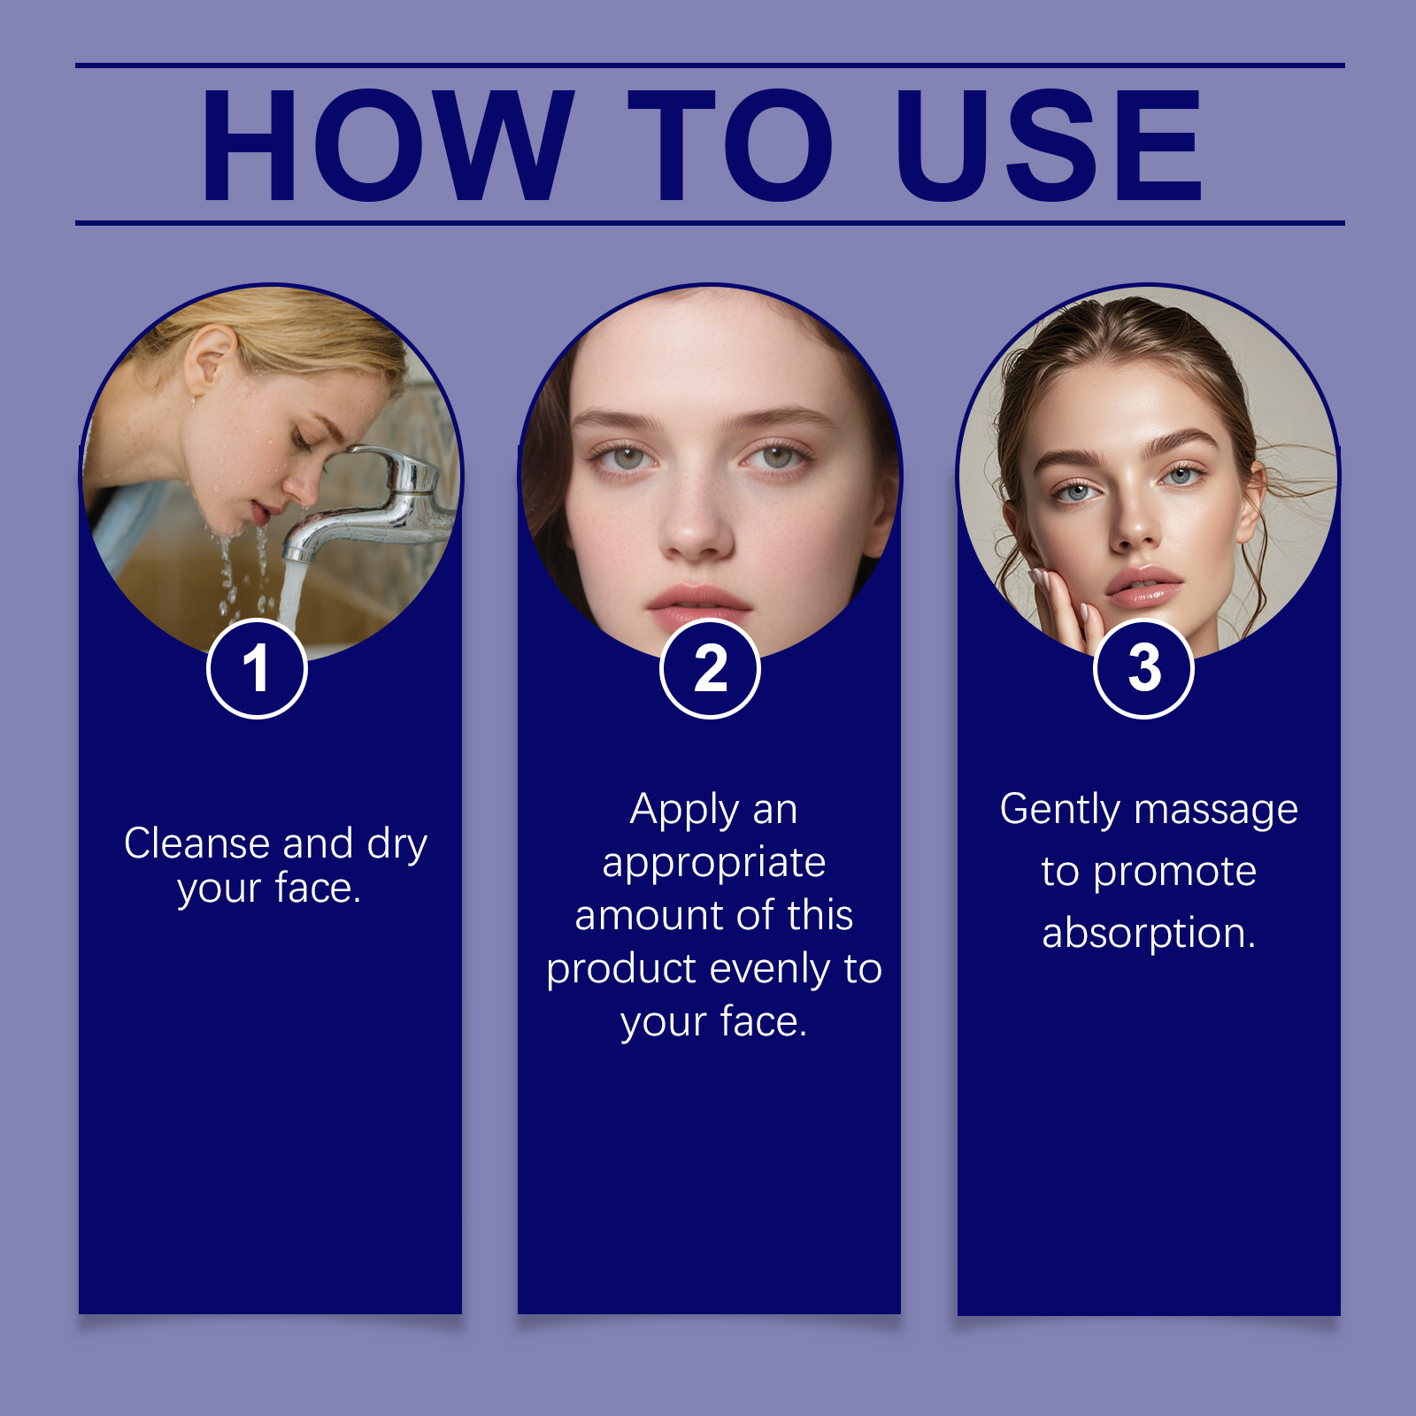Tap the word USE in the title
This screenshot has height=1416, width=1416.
coord(1050,145)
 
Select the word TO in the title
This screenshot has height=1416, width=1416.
coord(731,145)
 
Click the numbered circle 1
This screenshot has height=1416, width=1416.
coord(257,669)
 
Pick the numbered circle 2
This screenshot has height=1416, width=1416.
coord(710,669)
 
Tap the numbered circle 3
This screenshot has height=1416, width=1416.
coord(1143,669)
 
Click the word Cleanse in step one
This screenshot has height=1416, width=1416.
coord(196,843)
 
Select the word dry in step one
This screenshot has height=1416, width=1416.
coord(397,846)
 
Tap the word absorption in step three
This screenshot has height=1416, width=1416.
coord(1149,935)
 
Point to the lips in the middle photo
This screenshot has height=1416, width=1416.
coord(698,606)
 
